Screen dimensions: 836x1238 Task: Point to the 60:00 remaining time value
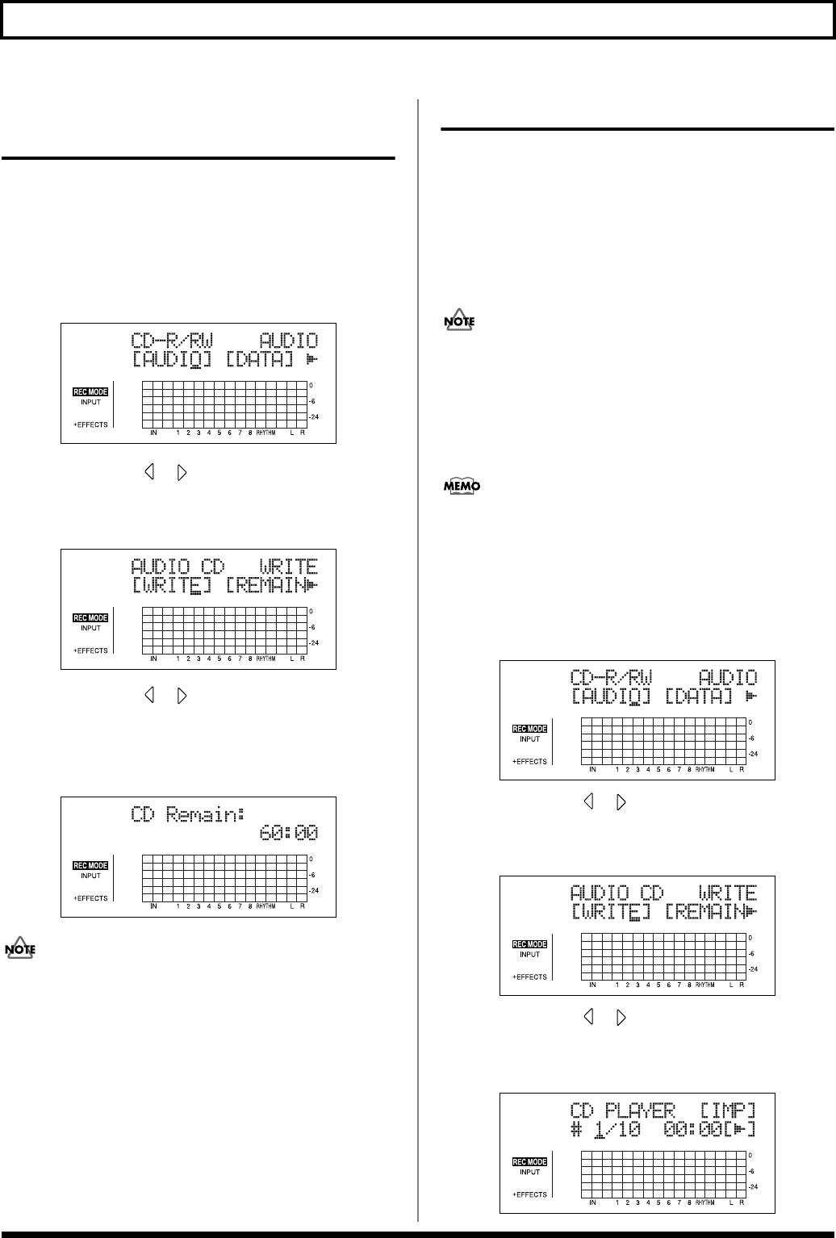(x=289, y=833)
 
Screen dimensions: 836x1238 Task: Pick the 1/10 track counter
(x=618, y=1129)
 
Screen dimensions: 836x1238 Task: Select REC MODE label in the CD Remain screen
(x=90, y=866)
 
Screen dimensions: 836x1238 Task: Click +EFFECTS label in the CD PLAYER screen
(x=530, y=1194)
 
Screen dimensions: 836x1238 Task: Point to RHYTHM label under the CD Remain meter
(x=265, y=906)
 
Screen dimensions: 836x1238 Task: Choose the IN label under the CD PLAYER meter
(x=592, y=1202)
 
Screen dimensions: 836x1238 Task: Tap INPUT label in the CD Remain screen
(x=90, y=876)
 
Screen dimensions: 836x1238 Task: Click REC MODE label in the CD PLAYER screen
(x=529, y=1162)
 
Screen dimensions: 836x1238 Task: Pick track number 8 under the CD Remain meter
(x=249, y=906)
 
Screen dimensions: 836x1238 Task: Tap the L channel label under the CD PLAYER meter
(x=731, y=1202)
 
